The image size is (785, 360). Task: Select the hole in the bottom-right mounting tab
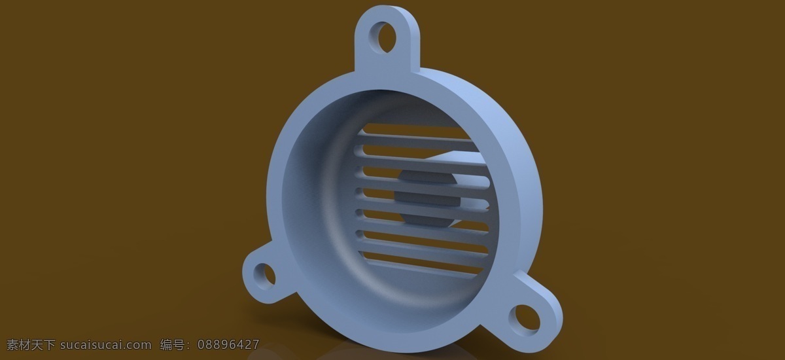525,319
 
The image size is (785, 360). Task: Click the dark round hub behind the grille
428,198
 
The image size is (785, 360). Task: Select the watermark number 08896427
228,344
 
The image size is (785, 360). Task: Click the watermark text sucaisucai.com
106,345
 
